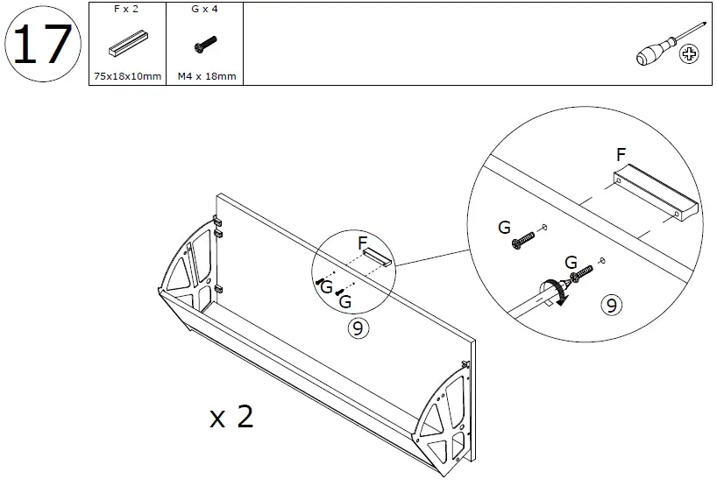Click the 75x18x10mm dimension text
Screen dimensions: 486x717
coord(127,76)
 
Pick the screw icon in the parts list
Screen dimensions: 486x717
coord(203,45)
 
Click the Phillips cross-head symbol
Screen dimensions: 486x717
coord(692,56)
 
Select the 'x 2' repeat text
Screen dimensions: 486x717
coord(232,417)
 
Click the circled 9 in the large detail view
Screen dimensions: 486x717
coord(611,306)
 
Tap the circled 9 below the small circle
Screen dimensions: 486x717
coord(357,328)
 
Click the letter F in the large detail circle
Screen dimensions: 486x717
coord(621,155)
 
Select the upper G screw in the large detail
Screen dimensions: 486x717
coord(522,237)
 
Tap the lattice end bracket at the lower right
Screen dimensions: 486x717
coord(444,418)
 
